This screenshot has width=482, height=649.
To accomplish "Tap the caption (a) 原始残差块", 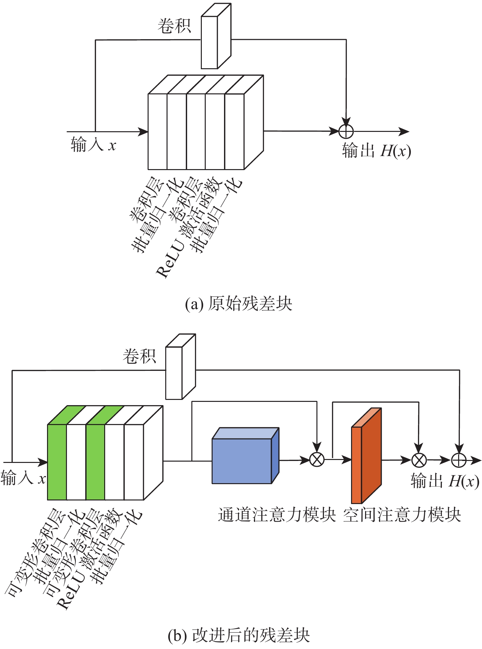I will pyautogui.click(x=238, y=304).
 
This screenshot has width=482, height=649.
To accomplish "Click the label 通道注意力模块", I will pyautogui.click(x=277, y=515).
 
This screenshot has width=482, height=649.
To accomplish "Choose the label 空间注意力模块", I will pyautogui.click(x=402, y=515).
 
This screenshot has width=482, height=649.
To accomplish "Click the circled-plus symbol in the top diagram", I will pyautogui.click(x=346, y=132).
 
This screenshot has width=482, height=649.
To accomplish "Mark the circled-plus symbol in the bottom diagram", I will pyautogui.click(x=459, y=460).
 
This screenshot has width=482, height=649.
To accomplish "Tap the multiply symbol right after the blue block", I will pyautogui.click(x=317, y=460).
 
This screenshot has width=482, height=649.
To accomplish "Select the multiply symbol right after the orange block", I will pyautogui.click(x=419, y=460).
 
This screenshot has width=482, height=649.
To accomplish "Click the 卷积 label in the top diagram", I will pyautogui.click(x=174, y=26).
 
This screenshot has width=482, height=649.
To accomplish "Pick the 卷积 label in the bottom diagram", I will pyautogui.click(x=139, y=356).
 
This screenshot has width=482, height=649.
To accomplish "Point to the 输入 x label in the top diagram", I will pyautogui.click(x=93, y=145).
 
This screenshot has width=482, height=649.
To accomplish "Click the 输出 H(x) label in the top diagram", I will pyautogui.click(x=377, y=151).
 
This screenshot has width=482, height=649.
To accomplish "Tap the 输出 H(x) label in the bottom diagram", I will pyautogui.click(x=445, y=481).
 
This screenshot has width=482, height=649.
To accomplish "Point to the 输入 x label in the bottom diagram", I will pyautogui.click(x=23, y=479).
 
